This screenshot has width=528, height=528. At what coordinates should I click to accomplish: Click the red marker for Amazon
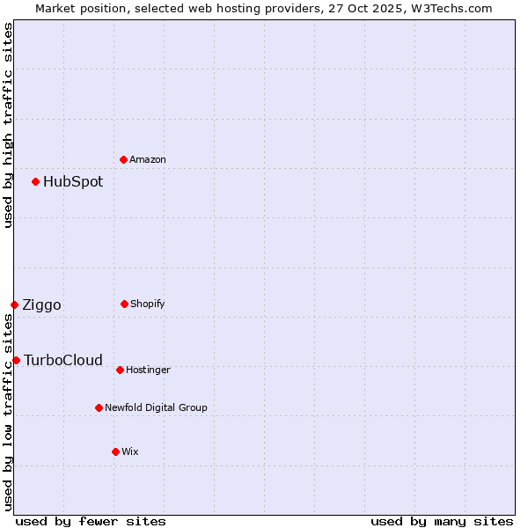click(x=124, y=159)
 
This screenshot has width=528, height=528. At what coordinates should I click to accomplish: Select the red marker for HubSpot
click(x=36, y=182)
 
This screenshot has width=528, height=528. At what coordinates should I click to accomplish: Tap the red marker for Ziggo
click(x=15, y=305)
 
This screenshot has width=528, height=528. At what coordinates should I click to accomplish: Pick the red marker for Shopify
click(x=124, y=304)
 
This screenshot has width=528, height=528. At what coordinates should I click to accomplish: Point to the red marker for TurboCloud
click(x=17, y=360)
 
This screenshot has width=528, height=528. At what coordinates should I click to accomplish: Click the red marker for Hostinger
click(x=120, y=370)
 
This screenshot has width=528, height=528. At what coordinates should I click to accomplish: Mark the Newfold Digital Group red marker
click(x=99, y=407)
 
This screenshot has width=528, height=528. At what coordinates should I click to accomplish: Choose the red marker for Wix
click(x=115, y=451)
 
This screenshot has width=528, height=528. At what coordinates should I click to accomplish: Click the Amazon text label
click(x=148, y=160)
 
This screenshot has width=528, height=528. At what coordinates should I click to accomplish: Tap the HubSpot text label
click(x=73, y=182)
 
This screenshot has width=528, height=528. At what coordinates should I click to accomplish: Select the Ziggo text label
click(x=41, y=305)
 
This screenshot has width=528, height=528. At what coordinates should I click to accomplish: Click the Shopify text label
click(x=148, y=304)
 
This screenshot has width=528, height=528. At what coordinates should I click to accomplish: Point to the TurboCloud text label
click(x=63, y=360)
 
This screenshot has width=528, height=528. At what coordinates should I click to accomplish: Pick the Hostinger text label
click(x=148, y=370)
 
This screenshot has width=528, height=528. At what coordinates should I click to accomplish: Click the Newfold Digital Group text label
click(x=156, y=408)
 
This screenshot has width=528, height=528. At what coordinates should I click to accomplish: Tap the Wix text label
click(x=130, y=452)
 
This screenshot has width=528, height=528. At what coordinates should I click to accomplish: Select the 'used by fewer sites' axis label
click(x=91, y=521)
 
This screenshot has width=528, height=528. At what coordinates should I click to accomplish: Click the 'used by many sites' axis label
click(x=442, y=521)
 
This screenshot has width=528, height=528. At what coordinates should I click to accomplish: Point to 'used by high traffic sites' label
click(x=8, y=125)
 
